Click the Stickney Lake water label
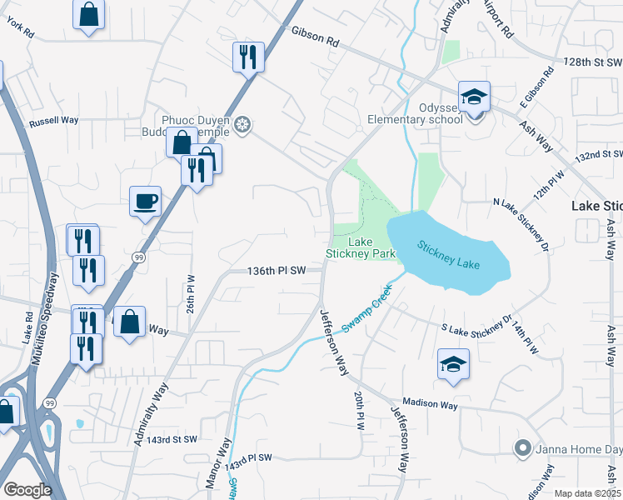[x=449, y=256]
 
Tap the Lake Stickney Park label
[x=359, y=247]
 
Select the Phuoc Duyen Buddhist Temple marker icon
[x=242, y=125]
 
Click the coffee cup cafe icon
[x=145, y=201]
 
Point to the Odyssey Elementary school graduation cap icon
[x=474, y=97]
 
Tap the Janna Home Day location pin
[x=522, y=449]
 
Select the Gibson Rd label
[x=316, y=35]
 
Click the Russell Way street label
[x=53, y=120]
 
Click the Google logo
[x=27, y=490]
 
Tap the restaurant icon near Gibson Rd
[x=248, y=57]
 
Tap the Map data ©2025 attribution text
[x=586, y=493]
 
